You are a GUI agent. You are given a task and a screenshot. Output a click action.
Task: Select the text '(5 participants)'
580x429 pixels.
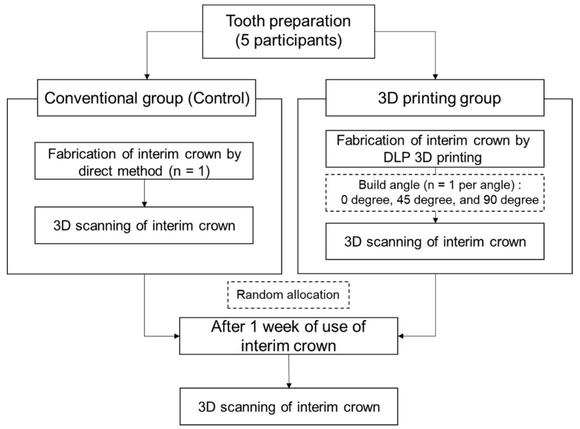(288, 41)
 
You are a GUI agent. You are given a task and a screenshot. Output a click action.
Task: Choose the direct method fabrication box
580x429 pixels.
(144, 161)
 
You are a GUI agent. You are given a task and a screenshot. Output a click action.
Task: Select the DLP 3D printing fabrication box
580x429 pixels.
(435, 149)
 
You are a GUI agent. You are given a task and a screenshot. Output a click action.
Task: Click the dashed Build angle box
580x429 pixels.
(435, 193)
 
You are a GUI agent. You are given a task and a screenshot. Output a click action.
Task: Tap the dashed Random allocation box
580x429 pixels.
(288, 295)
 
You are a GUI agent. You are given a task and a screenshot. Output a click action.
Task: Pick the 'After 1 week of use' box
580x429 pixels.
(288, 336)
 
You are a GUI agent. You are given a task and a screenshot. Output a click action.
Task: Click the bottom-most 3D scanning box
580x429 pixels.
(288, 406)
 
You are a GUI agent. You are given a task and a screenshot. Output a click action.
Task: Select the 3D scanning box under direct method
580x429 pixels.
(144, 225)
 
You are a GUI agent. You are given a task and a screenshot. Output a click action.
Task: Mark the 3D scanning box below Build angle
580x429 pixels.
(435, 242)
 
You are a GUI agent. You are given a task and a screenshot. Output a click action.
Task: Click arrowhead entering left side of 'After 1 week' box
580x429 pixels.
(177, 336)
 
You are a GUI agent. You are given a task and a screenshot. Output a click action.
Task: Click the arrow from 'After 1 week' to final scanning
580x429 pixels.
(289, 371)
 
